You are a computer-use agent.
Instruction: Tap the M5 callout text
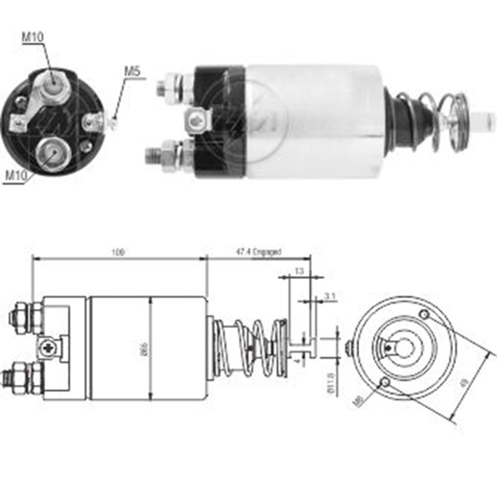click(132, 71)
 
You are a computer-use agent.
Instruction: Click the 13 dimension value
click(299, 271)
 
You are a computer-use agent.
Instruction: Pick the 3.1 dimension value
click(330, 296)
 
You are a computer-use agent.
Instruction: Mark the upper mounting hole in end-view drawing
click(424, 315)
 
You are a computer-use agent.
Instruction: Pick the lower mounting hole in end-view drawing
click(384, 382)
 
